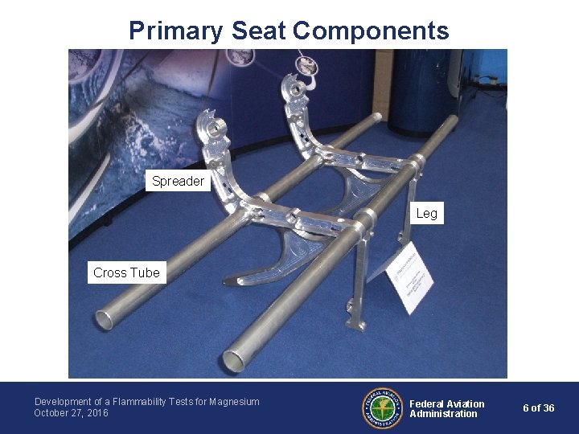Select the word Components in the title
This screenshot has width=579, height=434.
tap(371, 31)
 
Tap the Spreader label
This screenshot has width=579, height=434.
tap(178, 182)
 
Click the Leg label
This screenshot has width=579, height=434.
tap(426, 213)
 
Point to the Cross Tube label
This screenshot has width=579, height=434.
tap(126, 272)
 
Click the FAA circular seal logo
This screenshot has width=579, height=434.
tap(381, 408)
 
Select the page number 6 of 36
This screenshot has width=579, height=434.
tap(538, 408)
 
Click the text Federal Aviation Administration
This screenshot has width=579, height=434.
tap(446, 408)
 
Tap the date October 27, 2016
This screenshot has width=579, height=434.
tap(71, 413)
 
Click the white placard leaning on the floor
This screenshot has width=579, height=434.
tap(411, 277)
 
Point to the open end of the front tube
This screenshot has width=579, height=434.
tap(233, 361)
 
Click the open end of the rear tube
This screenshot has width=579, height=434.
tap(105, 320)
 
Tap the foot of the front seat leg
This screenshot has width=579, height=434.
tap(353, 322)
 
